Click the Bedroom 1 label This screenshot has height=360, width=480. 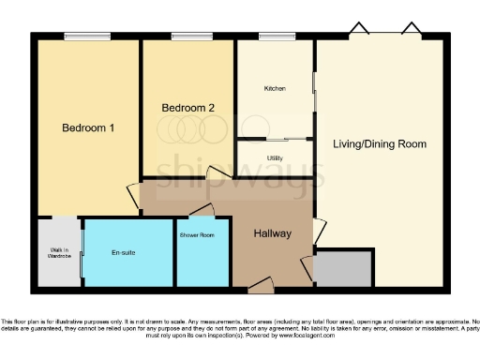88,127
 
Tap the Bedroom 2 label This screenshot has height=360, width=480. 188,108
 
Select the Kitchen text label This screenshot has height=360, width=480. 274,89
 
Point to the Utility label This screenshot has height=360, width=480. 275,157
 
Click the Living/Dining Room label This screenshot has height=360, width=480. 380,144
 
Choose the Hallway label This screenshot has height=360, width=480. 273,233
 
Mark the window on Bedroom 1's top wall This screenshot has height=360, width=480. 77,37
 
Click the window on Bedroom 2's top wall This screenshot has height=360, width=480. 185,37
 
